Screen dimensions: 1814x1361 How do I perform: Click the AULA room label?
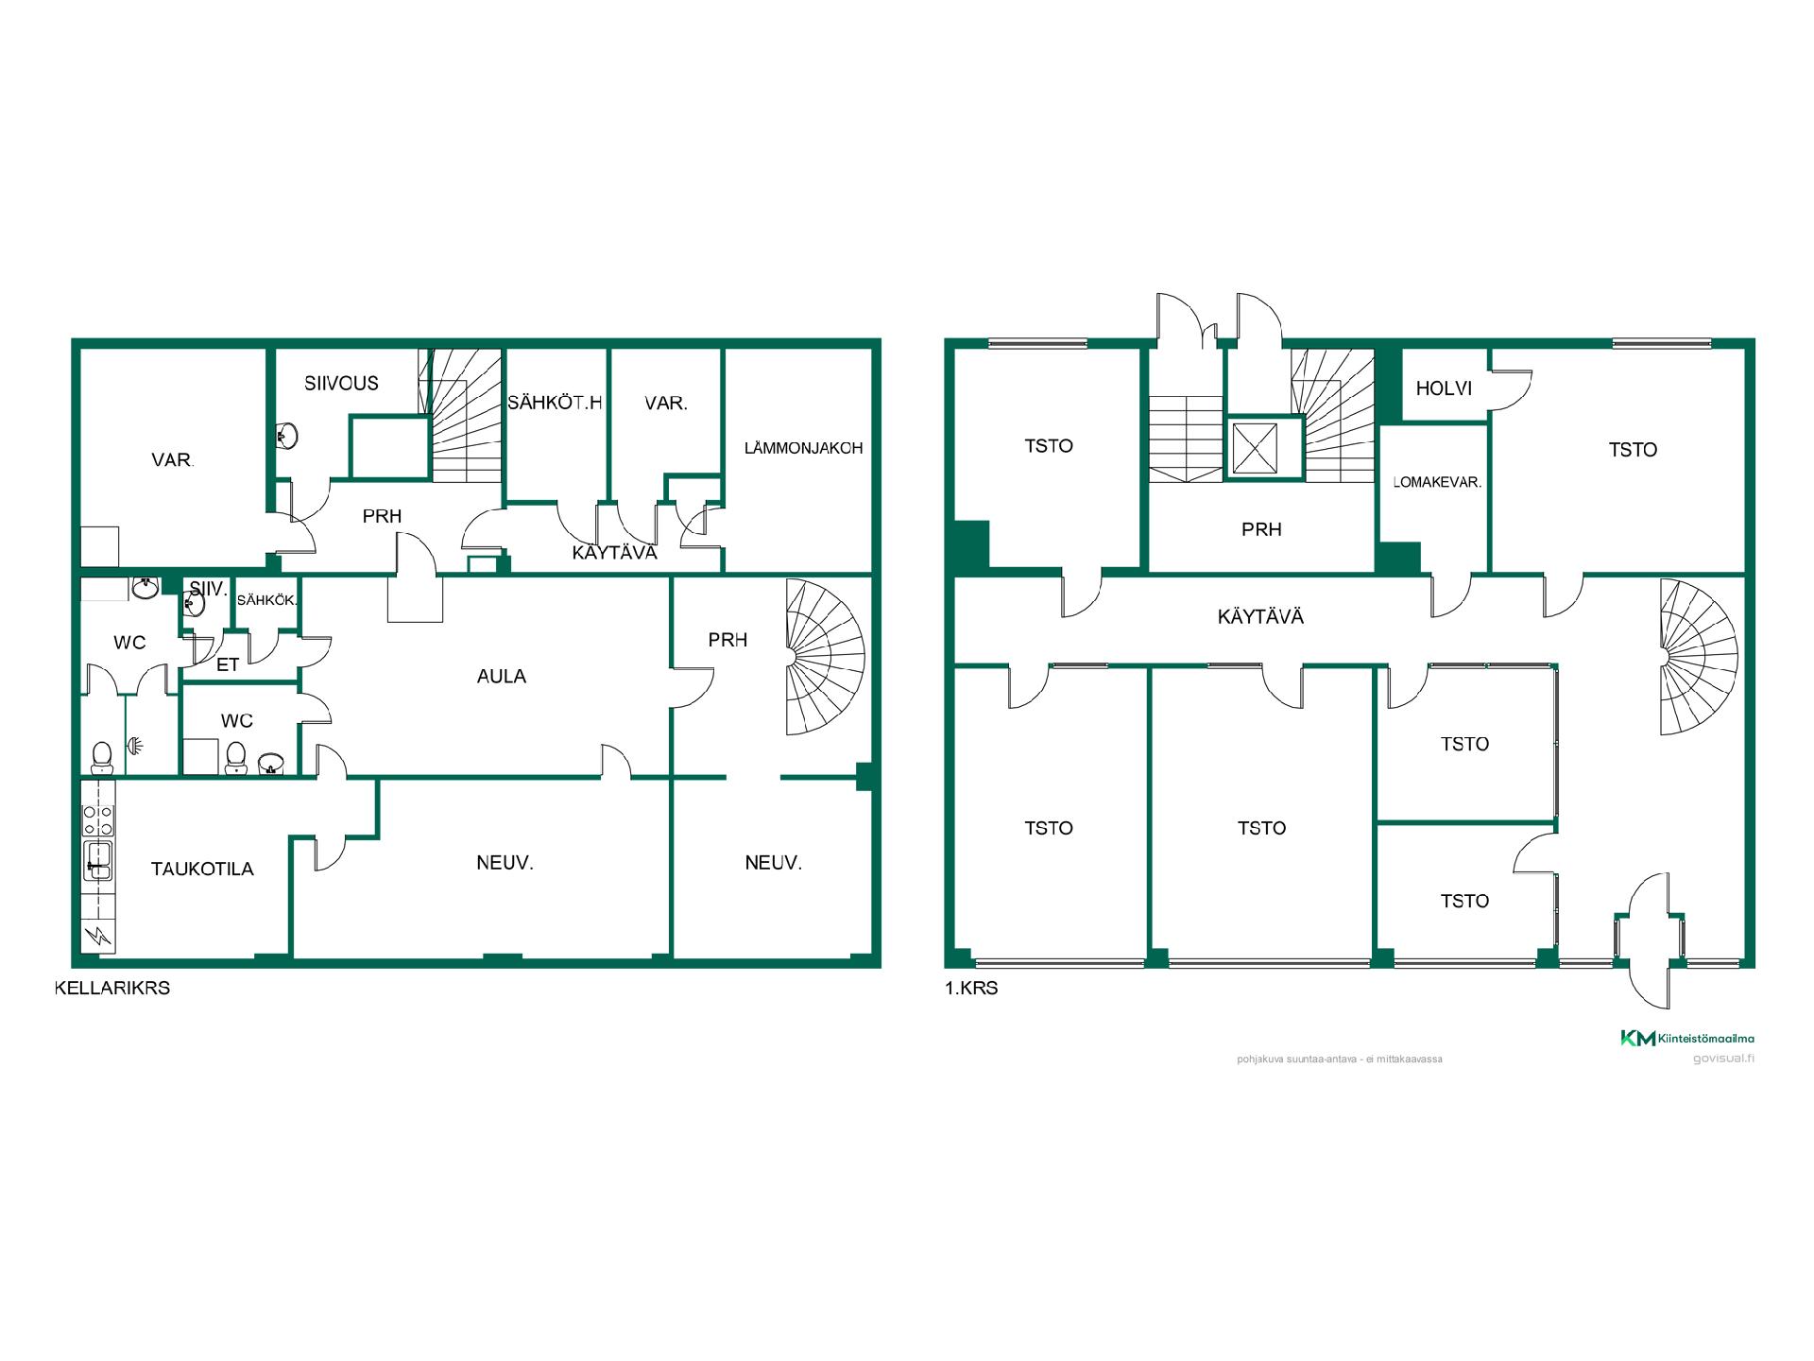coord(502,677)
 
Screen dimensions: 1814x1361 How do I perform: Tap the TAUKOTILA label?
coord(202,870)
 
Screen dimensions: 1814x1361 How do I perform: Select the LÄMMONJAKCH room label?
coord(803,448)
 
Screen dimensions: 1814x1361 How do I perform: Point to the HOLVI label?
coord(1444,388)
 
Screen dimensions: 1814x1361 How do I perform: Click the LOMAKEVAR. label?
coord(1437,482)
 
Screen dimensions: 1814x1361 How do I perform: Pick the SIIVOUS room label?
coord(341,384)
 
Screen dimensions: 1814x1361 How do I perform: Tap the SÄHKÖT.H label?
coord(555,403)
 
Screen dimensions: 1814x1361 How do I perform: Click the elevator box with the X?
coord(1256,448)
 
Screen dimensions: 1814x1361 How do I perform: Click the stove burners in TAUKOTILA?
coord(98,819)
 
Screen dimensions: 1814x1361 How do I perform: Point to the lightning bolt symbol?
coord(98,937)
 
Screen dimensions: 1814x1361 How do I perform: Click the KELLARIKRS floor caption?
coord(112,989)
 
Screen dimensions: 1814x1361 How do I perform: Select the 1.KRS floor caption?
coord(971,990)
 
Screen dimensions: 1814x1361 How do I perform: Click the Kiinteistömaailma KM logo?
coord(1686,1039)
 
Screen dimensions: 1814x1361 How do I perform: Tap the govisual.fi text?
coord(1723,1059)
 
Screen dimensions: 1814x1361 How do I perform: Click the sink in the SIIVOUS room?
coord(287,437)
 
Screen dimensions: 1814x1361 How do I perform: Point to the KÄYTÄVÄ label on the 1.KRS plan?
coord(1260,617)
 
